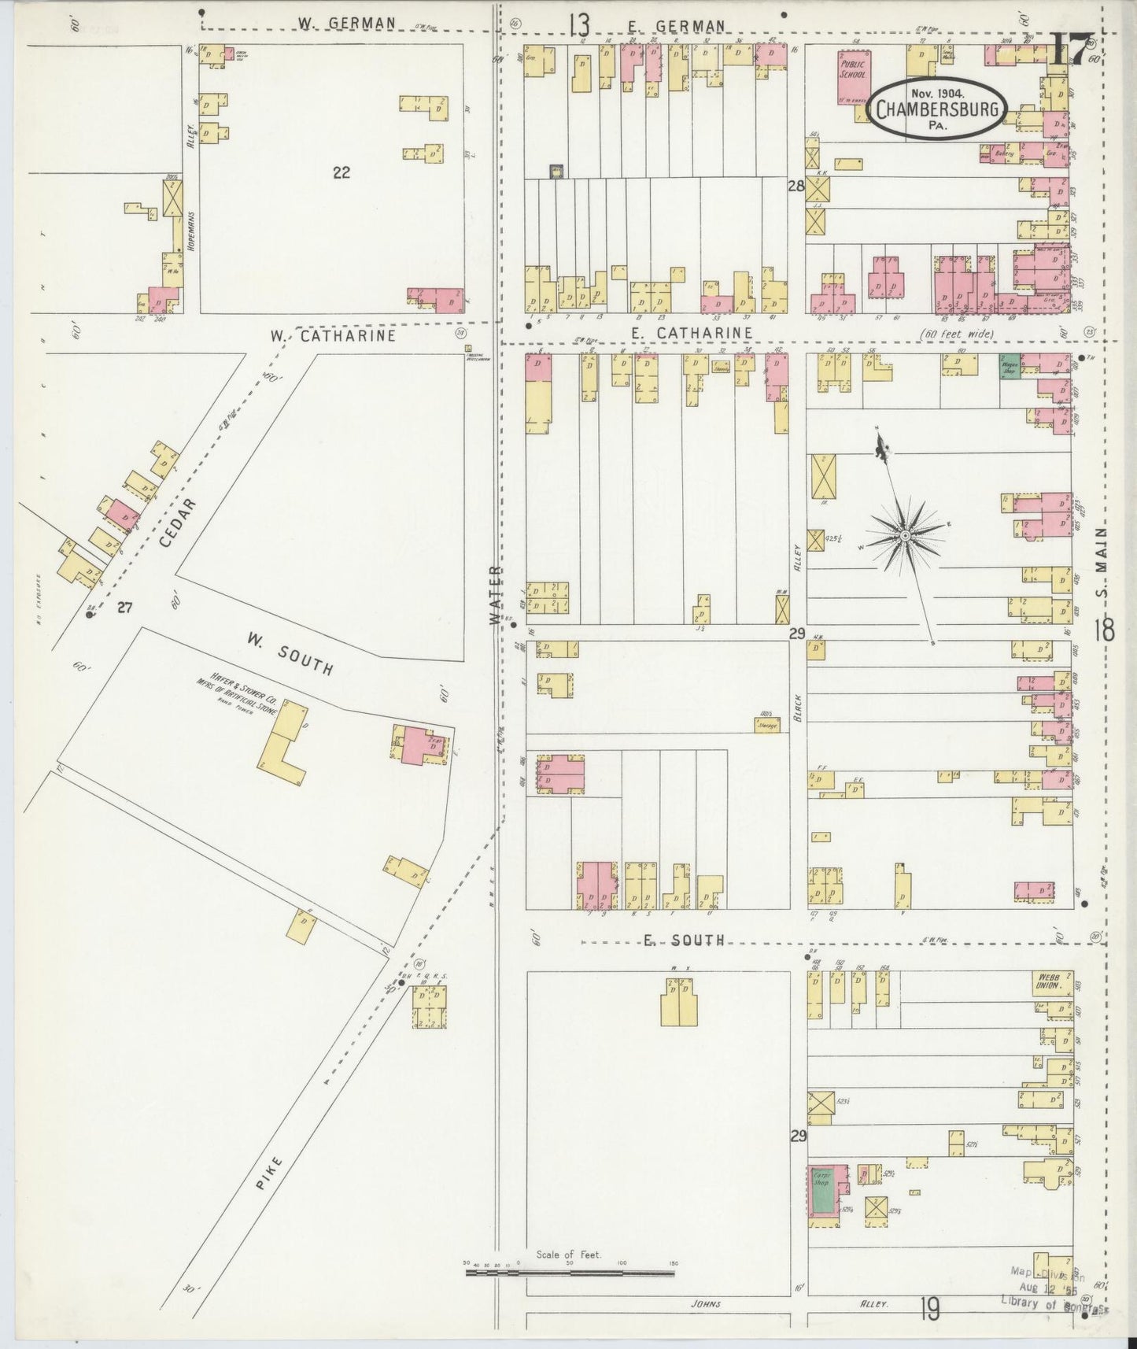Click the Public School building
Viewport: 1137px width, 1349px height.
point(853,79)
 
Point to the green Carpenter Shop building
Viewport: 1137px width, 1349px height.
point(824,1190)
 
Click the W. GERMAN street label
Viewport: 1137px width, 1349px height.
point(346,24)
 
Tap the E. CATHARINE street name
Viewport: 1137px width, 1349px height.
point(691,334)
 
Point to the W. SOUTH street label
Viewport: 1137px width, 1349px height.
point(287,654)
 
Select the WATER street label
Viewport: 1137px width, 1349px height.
point(495,594)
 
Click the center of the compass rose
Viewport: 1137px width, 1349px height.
point(906,536)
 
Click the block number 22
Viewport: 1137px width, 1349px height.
point(341,172)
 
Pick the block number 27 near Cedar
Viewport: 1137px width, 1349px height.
point(124,607)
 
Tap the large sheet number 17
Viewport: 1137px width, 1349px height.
point(1071,49)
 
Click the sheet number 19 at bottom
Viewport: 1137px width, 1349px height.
point(929,1310)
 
